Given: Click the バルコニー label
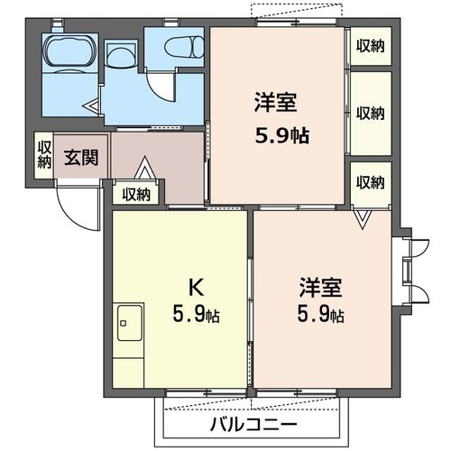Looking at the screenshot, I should coord(255,424).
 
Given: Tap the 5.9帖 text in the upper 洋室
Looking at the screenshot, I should coord(280,135).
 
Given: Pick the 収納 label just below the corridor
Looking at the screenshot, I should coord(136,193).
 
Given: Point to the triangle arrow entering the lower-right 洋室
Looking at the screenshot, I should coord(361,218).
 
